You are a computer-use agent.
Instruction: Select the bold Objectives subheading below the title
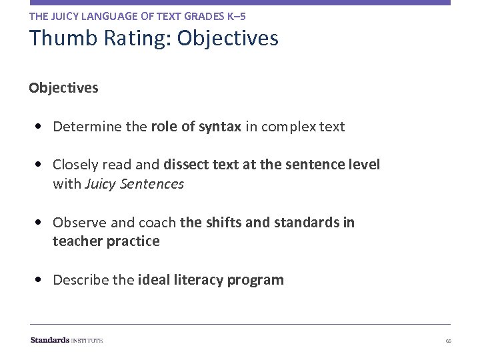(x=63, y=87)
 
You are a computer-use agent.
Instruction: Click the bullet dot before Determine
(x=42, y=127)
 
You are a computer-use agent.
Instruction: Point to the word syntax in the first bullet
(x=219, y=127)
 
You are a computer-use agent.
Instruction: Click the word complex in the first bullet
(x=287, y=127)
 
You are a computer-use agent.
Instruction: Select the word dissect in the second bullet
(x=187, y=165)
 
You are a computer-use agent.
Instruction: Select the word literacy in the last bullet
(x=198, y=280)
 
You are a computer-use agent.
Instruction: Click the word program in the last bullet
(x=255, y=281)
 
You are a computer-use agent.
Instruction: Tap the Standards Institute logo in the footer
(x=67, y=340)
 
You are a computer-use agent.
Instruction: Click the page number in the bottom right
(x=449, y=341)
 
